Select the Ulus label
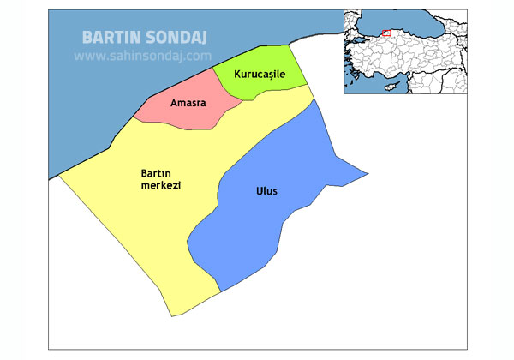click(x=266, y=191)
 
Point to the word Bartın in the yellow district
click(x=155, y=174)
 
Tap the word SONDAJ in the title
click(x=182, y=38)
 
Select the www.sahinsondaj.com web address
click(x=142, y=56)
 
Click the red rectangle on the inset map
click(x=386, y=33)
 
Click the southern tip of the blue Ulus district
click(x=222, y=291)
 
